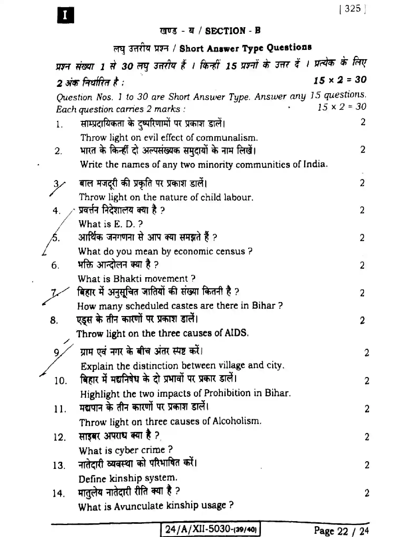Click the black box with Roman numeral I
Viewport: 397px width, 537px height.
(65, 15)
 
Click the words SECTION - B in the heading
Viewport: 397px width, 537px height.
(233, 31)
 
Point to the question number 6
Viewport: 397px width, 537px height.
(55, 265)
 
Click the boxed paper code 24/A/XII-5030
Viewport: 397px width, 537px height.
(210, 529)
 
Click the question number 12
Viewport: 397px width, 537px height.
(59, 437)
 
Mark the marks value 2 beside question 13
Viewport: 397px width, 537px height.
(367, 465)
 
